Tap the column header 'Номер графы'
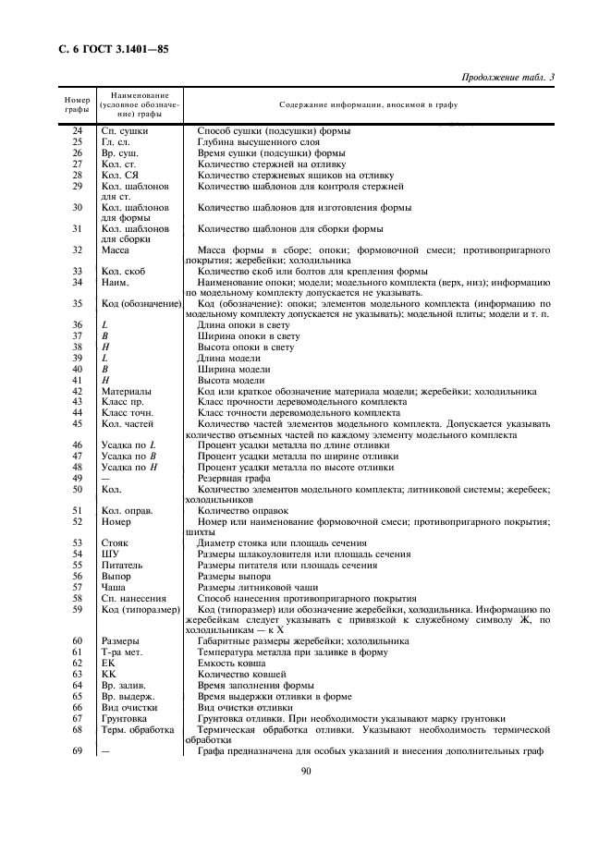(x=76, y=105)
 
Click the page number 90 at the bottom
(x=306, y=774)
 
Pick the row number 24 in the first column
(x=77, y=130)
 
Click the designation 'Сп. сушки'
(x=125, y=130)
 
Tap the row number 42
(x=77, y=391)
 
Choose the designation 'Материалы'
(x=125, y=391)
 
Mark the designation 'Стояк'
(x=116, y=542)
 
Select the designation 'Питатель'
(x=122, y=565)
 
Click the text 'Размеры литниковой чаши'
(x=258, y=587)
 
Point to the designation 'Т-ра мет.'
(x=121, y=652)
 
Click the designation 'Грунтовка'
(x=125, y=717)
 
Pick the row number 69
(x=77, y=749)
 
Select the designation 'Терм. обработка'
(x=137, y=728)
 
